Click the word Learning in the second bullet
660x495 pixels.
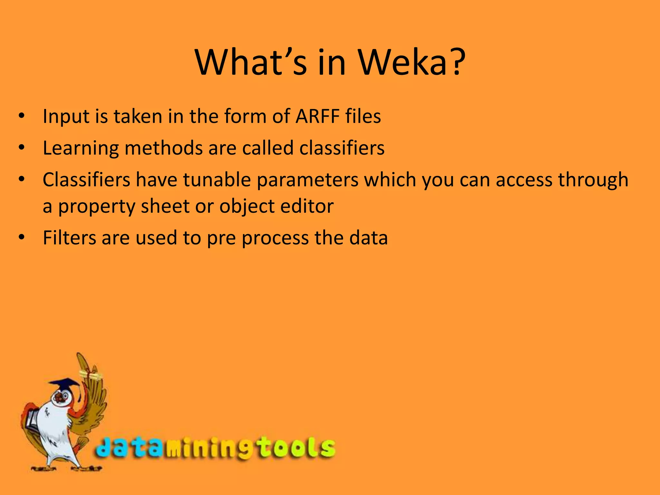81,148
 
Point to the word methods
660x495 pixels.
163,148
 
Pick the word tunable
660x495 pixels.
217,180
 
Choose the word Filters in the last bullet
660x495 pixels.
70,238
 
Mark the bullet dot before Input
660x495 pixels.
22,116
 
